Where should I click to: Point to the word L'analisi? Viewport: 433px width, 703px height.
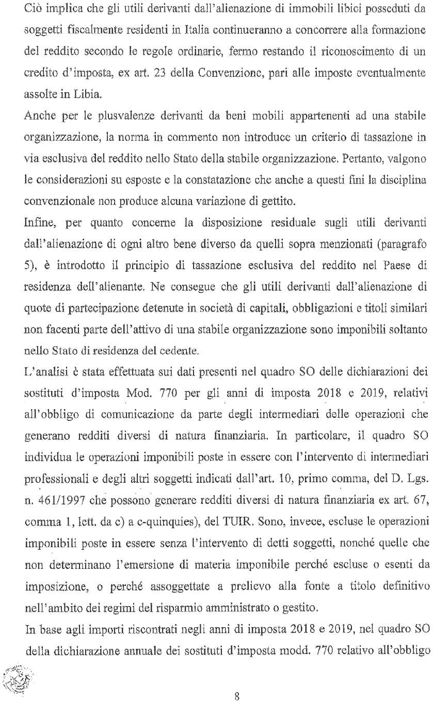click(x=42, y=363)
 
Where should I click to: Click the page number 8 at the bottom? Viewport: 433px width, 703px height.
click(x=236, y=682)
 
